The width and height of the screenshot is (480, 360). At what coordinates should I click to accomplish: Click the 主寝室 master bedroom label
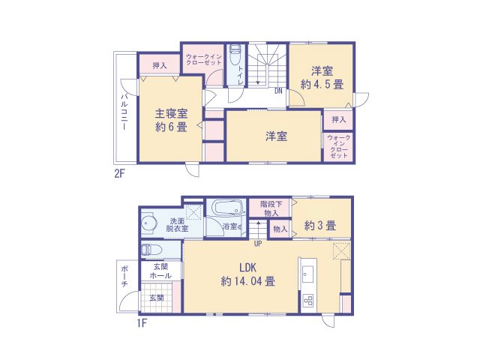[171, 114]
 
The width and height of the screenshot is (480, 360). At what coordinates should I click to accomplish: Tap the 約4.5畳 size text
[322, 85]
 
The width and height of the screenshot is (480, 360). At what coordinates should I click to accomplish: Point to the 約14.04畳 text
[248, 282]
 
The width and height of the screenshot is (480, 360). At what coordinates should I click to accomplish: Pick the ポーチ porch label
[124, 277]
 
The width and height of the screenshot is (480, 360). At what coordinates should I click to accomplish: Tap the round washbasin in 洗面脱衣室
[148, 223]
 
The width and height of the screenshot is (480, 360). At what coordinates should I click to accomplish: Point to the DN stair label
[277, 91]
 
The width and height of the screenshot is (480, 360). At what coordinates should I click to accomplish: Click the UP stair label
[257, 244]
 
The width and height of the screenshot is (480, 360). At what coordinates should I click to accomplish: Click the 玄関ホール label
[161, 271]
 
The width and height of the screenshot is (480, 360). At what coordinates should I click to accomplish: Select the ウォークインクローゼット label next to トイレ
[202, 59]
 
